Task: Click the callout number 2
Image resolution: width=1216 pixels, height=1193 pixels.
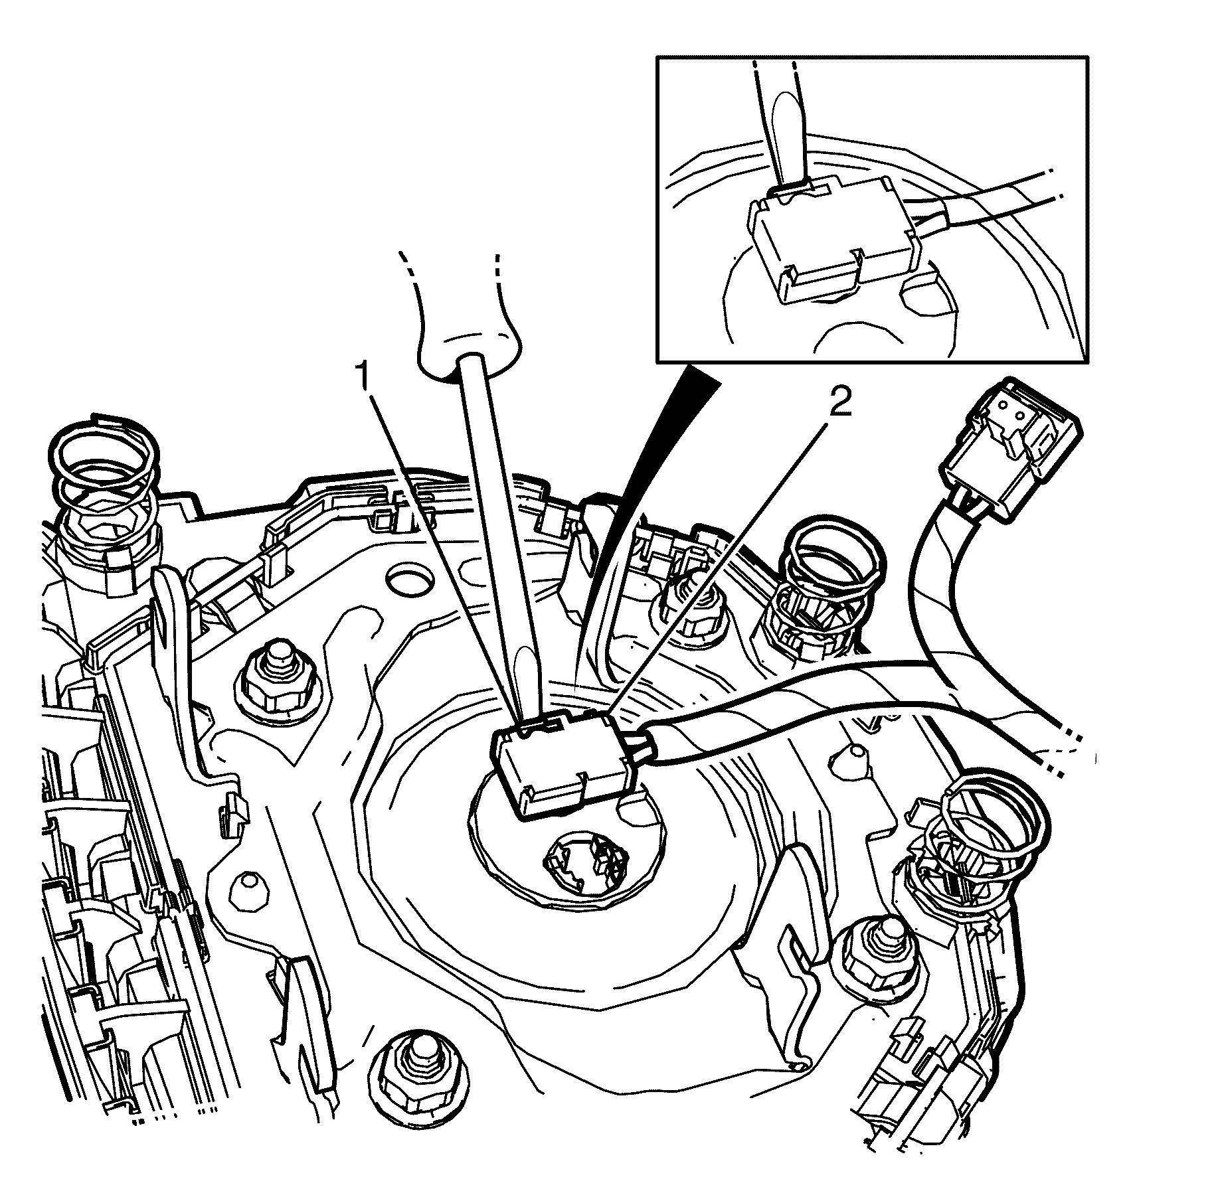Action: tap(839, 403)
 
